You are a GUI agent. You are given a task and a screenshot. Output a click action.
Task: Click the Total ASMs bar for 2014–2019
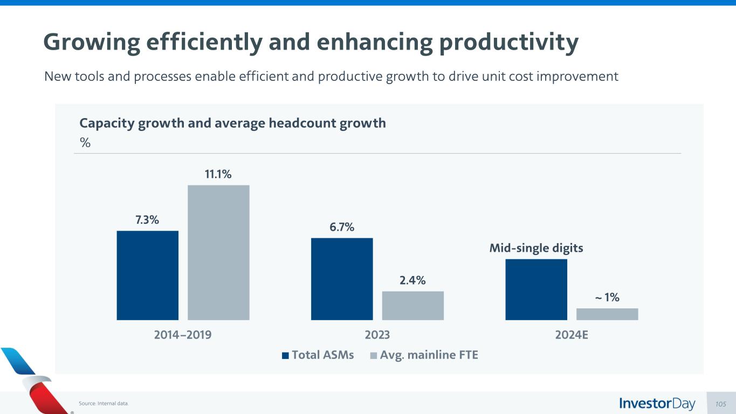pos(147,275)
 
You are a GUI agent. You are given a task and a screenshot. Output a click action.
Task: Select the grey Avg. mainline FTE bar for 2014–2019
pos(218,252)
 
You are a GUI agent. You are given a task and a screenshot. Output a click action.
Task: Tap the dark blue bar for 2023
pos(342,279)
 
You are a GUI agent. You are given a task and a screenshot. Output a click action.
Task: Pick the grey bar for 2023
pos(412,305)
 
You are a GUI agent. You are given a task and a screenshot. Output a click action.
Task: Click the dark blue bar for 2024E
pos(536,289)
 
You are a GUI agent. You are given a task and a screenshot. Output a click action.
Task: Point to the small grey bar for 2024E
pos(607,314)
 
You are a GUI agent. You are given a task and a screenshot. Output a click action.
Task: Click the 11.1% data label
pos(218,174)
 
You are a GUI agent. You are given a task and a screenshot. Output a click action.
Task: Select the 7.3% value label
pos(147,220)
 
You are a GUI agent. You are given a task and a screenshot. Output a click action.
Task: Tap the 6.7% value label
pos(342,227)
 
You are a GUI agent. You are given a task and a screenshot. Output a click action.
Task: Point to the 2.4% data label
pos(412,280)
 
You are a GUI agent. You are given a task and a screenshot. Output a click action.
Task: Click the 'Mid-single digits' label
pos(536,249)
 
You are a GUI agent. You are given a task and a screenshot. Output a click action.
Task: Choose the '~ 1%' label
pos(607,297)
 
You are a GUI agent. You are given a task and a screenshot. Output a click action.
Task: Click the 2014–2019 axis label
pos(183,335)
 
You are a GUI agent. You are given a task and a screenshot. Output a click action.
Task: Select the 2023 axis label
pos(377,335)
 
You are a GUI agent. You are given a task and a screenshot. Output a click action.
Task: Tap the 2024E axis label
pos(572,335)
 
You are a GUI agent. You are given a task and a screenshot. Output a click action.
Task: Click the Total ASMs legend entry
pos(318,355)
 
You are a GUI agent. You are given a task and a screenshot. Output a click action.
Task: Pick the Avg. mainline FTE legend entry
pos(424,355)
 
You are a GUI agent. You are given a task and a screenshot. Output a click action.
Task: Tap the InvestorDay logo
pos(657,404)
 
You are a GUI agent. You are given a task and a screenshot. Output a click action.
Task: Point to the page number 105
pos(721,404)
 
